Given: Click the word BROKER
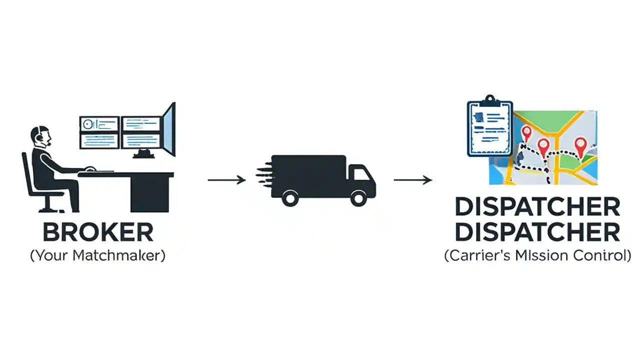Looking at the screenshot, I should click(x=97, y=232).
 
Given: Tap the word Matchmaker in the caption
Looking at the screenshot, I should click(x=118, y=256).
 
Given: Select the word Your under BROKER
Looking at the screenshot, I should click(x=51, y=256).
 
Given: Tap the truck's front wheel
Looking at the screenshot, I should click(x=358, y=198).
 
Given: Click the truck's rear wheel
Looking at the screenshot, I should click(x=290, y=198).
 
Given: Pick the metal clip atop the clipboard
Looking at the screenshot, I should click(x=490, y=100).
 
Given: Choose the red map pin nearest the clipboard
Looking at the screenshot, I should click(x=526, y=132).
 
